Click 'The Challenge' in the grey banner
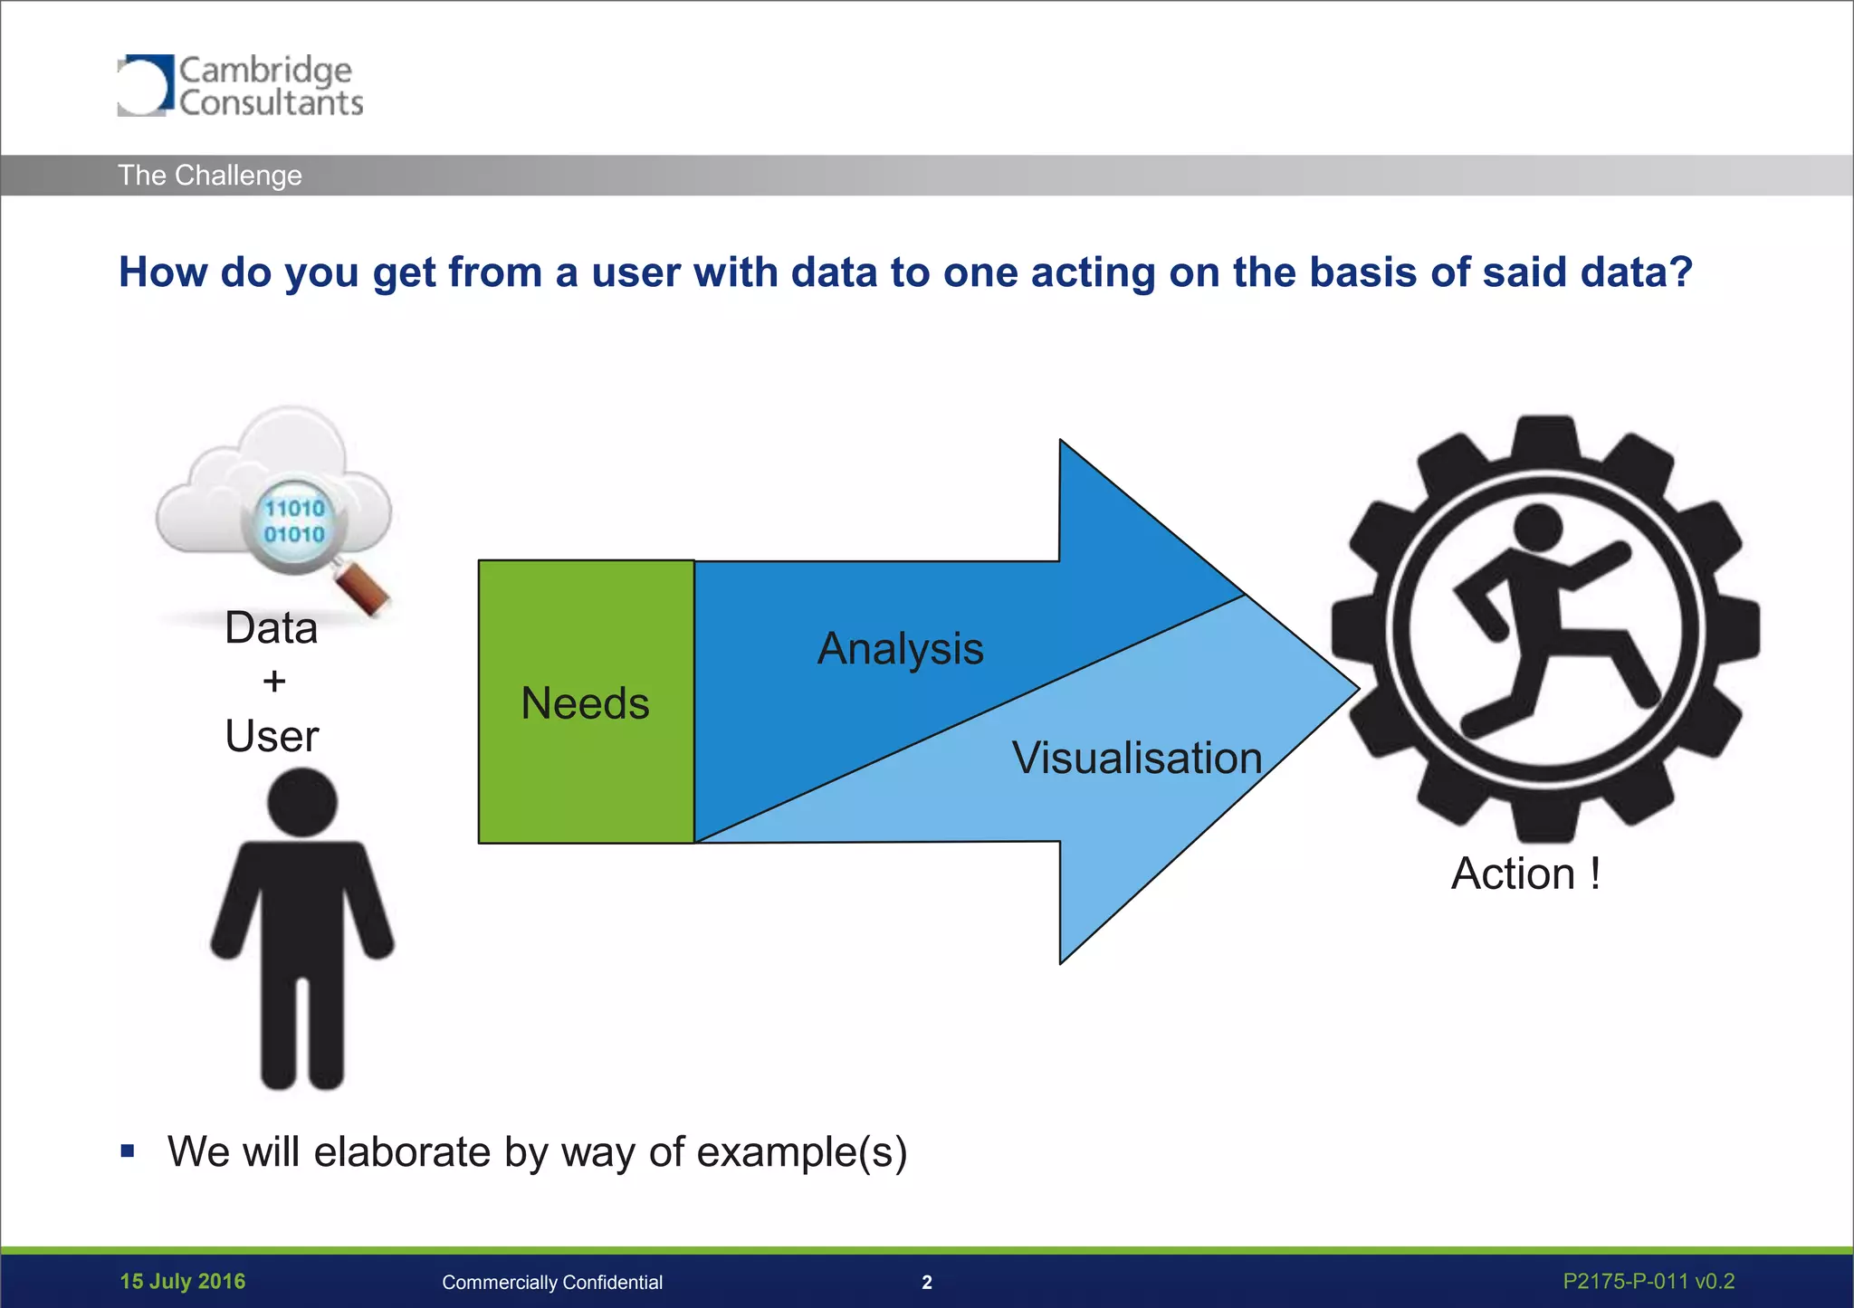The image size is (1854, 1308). [x=210, y=175]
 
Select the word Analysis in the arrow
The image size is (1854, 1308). [x=900, y=648]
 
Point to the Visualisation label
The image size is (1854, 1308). [x=1136, y=758]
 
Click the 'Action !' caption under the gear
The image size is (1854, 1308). [x=1525, y=874]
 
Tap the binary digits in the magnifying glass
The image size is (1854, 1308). [x=294, y=521]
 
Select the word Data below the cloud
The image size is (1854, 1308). [x=272, y=628]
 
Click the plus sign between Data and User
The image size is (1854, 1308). [x=273, y=681]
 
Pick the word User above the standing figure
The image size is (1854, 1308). [x=272, y=736]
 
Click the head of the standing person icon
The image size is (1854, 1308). [x=302, y=803]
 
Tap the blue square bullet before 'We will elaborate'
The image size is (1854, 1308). [x=128, y=1151]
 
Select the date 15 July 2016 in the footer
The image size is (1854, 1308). [x=183, y=1282]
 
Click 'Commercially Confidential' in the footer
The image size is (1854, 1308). [x=552, y=1283]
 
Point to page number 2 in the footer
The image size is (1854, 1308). [x=926, y=1283]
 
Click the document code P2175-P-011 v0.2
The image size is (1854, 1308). [x=1649, y=1282]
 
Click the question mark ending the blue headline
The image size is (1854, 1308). [x=1682, y=272]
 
